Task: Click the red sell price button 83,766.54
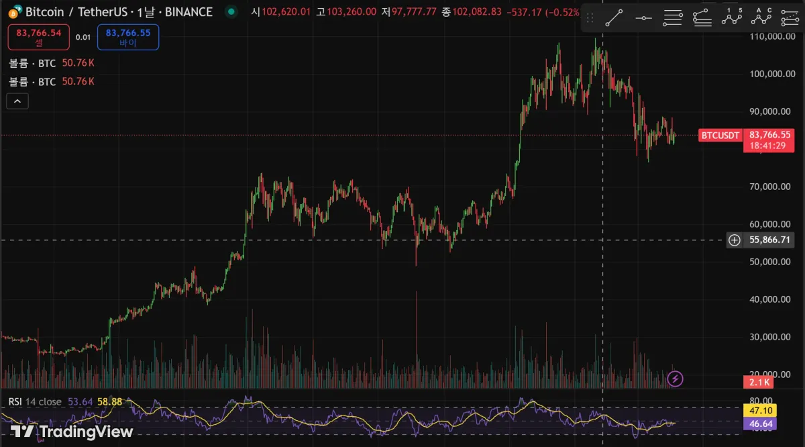[38, 37]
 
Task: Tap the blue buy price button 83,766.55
[127, 37]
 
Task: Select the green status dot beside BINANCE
[231, 11]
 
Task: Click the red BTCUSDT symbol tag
[720, 136]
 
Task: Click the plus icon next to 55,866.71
[735, 240]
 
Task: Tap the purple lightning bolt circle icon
[676, 379]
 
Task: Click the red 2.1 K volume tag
[759, 382]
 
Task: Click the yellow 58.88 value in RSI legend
[109, 401]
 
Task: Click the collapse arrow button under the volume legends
[17, 101]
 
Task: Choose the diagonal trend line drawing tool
[613, 18]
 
